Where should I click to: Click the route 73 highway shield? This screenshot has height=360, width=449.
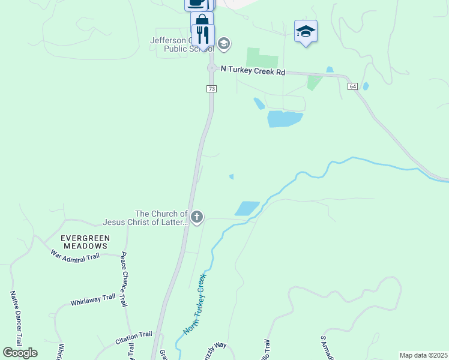(211, 89)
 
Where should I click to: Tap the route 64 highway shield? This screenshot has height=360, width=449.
(352, 86)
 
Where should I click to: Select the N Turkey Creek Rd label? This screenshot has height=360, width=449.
(253, 70)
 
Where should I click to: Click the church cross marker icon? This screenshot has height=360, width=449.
(197, 217)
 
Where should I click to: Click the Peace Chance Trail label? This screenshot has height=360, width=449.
(124, 279)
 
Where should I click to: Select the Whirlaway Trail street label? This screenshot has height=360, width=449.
(92, 298)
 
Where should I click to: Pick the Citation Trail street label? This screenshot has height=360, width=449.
(134, 335)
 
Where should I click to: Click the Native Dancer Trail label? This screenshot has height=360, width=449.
(15, 318)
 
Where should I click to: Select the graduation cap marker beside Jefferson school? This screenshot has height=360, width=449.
(224, 44)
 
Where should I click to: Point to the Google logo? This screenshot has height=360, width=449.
(20, 353)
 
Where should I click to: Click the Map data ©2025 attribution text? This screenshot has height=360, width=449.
(423, 355)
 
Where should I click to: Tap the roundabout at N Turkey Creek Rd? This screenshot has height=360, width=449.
(211, 68)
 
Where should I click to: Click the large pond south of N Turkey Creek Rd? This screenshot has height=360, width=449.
(284, 119)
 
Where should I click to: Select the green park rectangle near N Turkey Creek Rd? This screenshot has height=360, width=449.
(262, 58)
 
